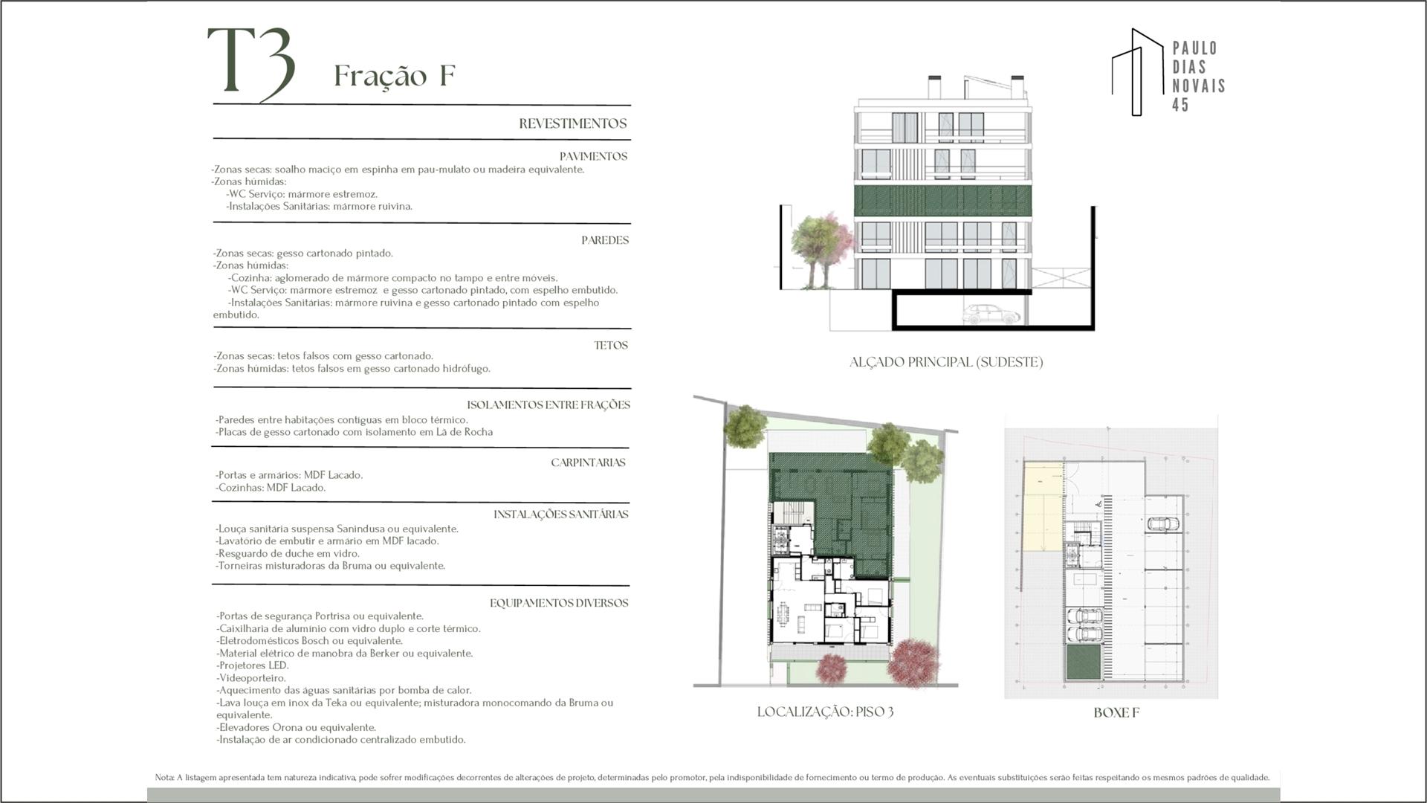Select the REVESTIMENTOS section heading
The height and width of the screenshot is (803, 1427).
(573, 123)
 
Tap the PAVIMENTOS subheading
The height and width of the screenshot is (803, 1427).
(593, 156)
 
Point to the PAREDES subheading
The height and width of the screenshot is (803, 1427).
(605, 240)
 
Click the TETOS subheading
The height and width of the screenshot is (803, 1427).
(611, 345)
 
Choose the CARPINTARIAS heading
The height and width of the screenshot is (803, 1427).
(588, 462)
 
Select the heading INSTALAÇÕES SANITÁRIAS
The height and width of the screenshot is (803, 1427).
(561, 515)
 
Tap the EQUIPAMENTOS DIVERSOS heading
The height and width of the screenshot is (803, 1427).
(559, 603)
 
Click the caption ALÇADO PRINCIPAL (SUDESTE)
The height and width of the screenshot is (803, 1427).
(946, 362)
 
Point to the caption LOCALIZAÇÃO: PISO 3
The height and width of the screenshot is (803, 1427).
(825, 712)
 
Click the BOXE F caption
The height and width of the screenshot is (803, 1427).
(1116, 712)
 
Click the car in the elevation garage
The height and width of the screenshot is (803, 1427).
(991, 314)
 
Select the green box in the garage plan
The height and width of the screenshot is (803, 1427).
(1084, 662)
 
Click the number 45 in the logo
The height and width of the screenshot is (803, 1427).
(1180, 105)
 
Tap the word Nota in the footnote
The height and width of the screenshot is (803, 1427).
(164, 778)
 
